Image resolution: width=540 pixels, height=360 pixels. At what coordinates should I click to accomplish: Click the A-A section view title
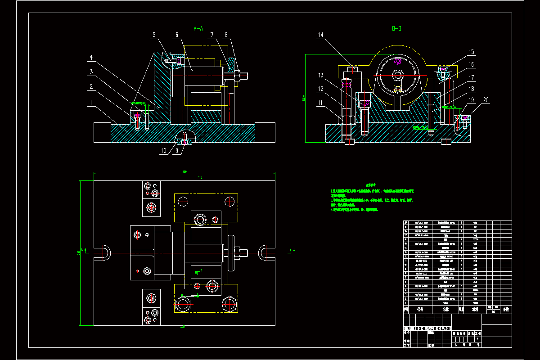coord(198,28)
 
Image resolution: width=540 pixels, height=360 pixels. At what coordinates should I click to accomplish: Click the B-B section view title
coord(396,28)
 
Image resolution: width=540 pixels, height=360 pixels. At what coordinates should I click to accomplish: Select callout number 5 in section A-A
coord(153,35)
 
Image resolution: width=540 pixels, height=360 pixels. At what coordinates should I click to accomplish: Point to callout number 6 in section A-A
coord(177,35)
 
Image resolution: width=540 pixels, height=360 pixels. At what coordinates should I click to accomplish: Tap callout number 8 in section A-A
coord(226,35)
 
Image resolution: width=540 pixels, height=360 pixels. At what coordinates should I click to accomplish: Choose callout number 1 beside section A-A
coord(91,103)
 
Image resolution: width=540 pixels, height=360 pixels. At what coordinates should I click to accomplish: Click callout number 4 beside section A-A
coord(91,58)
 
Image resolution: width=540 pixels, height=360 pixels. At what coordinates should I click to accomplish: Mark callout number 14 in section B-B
coord(321,35)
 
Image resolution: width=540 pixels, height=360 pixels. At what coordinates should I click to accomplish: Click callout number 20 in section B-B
coord(486,100)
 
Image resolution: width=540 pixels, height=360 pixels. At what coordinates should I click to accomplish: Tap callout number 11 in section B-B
coord(321,103)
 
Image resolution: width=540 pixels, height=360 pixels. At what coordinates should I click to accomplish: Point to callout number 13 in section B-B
coord(321,75)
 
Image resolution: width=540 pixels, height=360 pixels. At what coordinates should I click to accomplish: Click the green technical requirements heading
coord(371,185)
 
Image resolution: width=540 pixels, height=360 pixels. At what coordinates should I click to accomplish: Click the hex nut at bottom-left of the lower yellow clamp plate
coord(182,304)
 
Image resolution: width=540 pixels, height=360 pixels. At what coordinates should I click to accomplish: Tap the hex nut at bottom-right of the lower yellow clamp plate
coord(229,304)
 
